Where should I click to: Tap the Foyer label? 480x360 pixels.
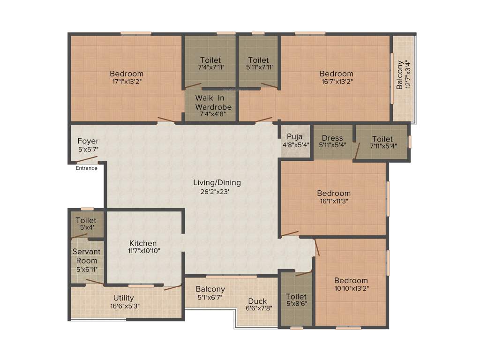(x=88, y=141)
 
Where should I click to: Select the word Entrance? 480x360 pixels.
(x=87, y=168)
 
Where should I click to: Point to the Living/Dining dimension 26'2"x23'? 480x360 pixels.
(x=217, y=191)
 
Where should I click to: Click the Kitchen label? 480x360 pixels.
(x=143, y=243)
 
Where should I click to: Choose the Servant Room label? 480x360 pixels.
(x=87, y=256)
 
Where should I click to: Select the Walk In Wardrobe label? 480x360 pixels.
(x=213, y=103)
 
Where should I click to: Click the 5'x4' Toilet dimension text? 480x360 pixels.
(x=86, y=228)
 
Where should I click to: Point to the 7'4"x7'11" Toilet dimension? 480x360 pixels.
(x=211, y=67)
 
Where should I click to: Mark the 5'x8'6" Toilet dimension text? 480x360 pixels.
(x=296, y=304)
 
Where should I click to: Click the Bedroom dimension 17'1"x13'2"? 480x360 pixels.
(x=127, y=81)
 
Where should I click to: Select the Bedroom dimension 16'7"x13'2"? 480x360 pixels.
(x=337, y=81)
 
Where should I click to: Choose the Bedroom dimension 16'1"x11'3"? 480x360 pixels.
(x=334, y=201)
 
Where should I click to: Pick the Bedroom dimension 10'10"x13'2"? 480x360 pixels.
(x=351, y=288)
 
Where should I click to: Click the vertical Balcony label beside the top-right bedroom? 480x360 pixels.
(x=400, y=75)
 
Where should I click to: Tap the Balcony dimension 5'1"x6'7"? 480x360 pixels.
(x=210, y=297)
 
